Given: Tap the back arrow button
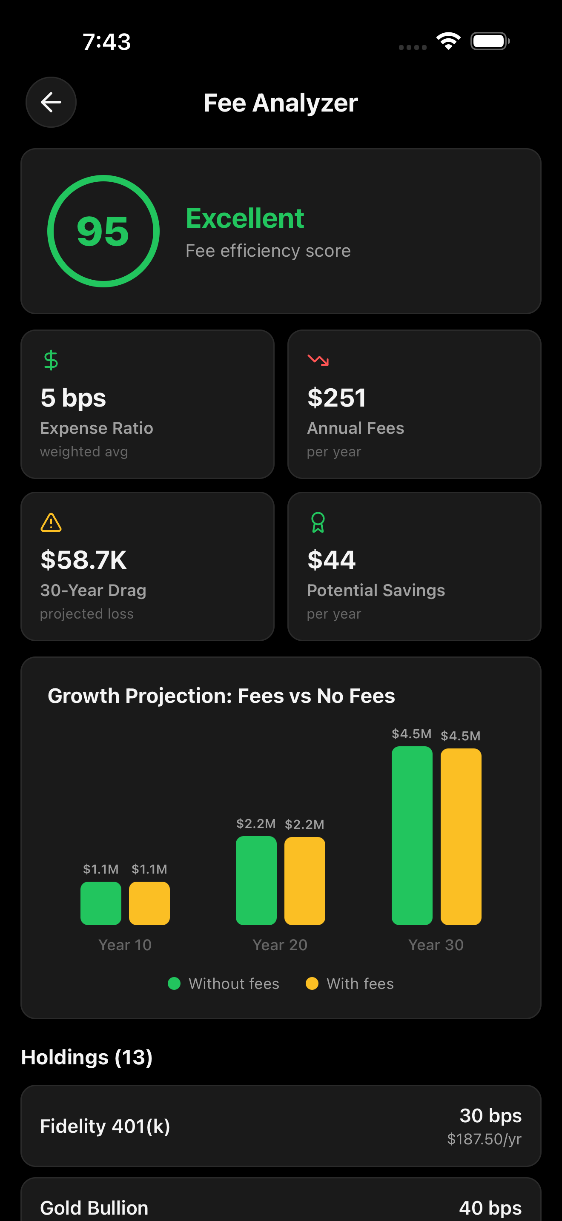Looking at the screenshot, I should [51, 102].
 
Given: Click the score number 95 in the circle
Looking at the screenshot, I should [103, 231].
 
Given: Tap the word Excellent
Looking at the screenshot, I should [244, 218].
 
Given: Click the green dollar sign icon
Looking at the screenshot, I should [51, 360].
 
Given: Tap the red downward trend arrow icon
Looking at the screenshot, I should [318, 360].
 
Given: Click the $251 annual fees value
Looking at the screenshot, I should [336, 397].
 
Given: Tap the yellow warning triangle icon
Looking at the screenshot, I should [51, 523].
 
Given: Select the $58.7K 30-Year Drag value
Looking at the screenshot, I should [83, 560].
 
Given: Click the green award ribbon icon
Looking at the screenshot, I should [318, 523].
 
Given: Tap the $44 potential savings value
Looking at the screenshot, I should [331, 560].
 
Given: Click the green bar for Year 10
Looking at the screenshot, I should [100, 903].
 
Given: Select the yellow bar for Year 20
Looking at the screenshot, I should [304, 881].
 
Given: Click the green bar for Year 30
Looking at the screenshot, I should [412, 835].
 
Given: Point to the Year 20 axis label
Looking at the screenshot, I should [280, 945].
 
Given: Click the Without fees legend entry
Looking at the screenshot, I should [224, 983].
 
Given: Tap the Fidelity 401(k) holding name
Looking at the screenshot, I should [105, 1126].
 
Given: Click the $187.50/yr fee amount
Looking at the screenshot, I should [484, 1139].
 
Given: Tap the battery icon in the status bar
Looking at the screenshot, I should [490, 41].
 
